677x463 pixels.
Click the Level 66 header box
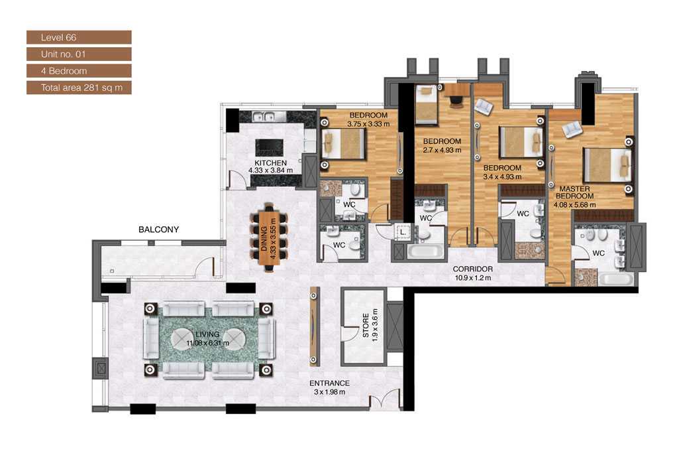pyautogui.click(x=79, y=37)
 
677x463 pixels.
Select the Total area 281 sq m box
pyautogui.click(x=79, y=87)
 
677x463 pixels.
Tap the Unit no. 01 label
pyautogui.click(x=79, y=54)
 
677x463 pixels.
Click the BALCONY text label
pyautogui.click(x=158, y=230)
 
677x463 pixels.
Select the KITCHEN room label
pyautogui.click(x=271, y=163)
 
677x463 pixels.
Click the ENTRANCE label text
pyautogui.click(x=329, y=383)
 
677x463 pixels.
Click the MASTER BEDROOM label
pyautogui.click(x=574, y=192)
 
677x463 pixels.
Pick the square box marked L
pyautogui.click(x=403, y=232)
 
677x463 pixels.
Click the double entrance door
pyautogui.click(x=384, y=400)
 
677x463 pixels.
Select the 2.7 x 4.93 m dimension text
pyautogui.click(x=442, y=150)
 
